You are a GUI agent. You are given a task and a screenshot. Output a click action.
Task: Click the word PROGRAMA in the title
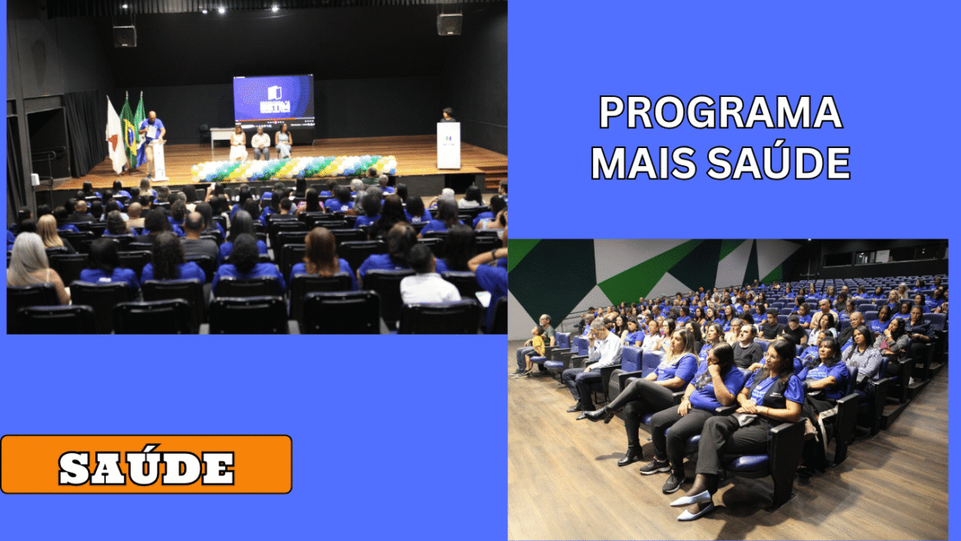coord(721,113)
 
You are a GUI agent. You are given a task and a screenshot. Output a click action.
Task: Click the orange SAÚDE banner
coord(146,465)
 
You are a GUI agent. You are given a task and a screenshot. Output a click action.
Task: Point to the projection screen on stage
coord(274,99)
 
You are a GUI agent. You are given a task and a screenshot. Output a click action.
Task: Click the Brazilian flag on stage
coord(128,132)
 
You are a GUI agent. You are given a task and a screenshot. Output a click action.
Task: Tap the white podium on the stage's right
coord(448,146)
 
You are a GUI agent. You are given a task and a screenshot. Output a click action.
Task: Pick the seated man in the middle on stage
coord(260,144)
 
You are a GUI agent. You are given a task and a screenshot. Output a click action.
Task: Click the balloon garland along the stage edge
coord(294,167)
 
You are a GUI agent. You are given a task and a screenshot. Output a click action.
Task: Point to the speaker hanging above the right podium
coord(449,23)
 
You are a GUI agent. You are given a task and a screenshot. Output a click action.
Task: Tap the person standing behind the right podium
coord(448,115)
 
